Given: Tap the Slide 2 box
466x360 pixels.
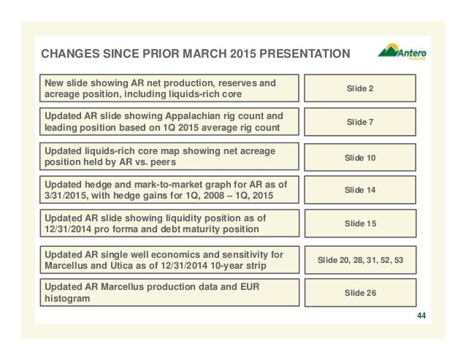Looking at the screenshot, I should tap(361, 88).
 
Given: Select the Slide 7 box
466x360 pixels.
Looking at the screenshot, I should tap(361, 122).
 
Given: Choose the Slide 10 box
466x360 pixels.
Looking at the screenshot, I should tap(361, 157).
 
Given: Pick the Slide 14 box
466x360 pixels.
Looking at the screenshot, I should tap(361, 190).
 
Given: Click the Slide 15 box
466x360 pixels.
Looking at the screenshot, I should tap(361, 223).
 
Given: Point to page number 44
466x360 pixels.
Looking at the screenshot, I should tap(420, 315).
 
